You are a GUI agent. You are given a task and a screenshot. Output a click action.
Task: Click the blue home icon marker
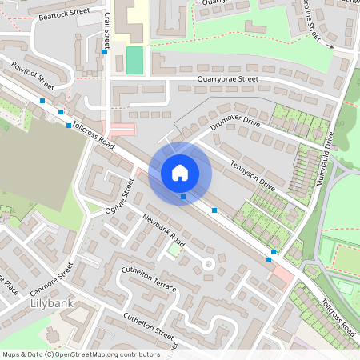(x=180, y=171)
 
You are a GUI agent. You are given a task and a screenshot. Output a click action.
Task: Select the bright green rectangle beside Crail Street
(x=134, y=60)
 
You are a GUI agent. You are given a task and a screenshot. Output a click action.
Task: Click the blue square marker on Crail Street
(x=105, y=53)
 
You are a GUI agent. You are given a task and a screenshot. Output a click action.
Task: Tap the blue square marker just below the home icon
(x=183, y=196)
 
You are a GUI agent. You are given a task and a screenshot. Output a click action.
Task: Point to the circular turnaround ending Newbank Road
(x=208, y=262)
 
